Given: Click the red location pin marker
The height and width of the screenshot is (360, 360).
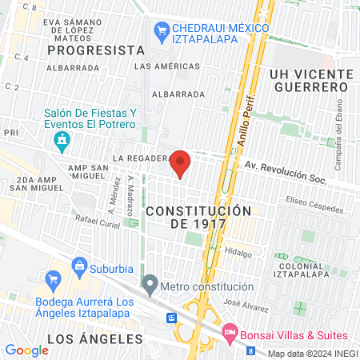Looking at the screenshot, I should [x=181, y=163].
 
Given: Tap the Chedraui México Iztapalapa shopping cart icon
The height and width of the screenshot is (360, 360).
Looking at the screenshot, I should [x=160, y=30].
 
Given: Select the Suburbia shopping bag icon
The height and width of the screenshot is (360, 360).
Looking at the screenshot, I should [x=79, y=265].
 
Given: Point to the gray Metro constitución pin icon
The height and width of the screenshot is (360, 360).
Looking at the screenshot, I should [x=150, y=283].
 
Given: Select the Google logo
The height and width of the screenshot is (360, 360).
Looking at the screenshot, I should [x=26, y=350].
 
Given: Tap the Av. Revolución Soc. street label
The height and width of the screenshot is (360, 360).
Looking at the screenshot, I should [x=285, y=174].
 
